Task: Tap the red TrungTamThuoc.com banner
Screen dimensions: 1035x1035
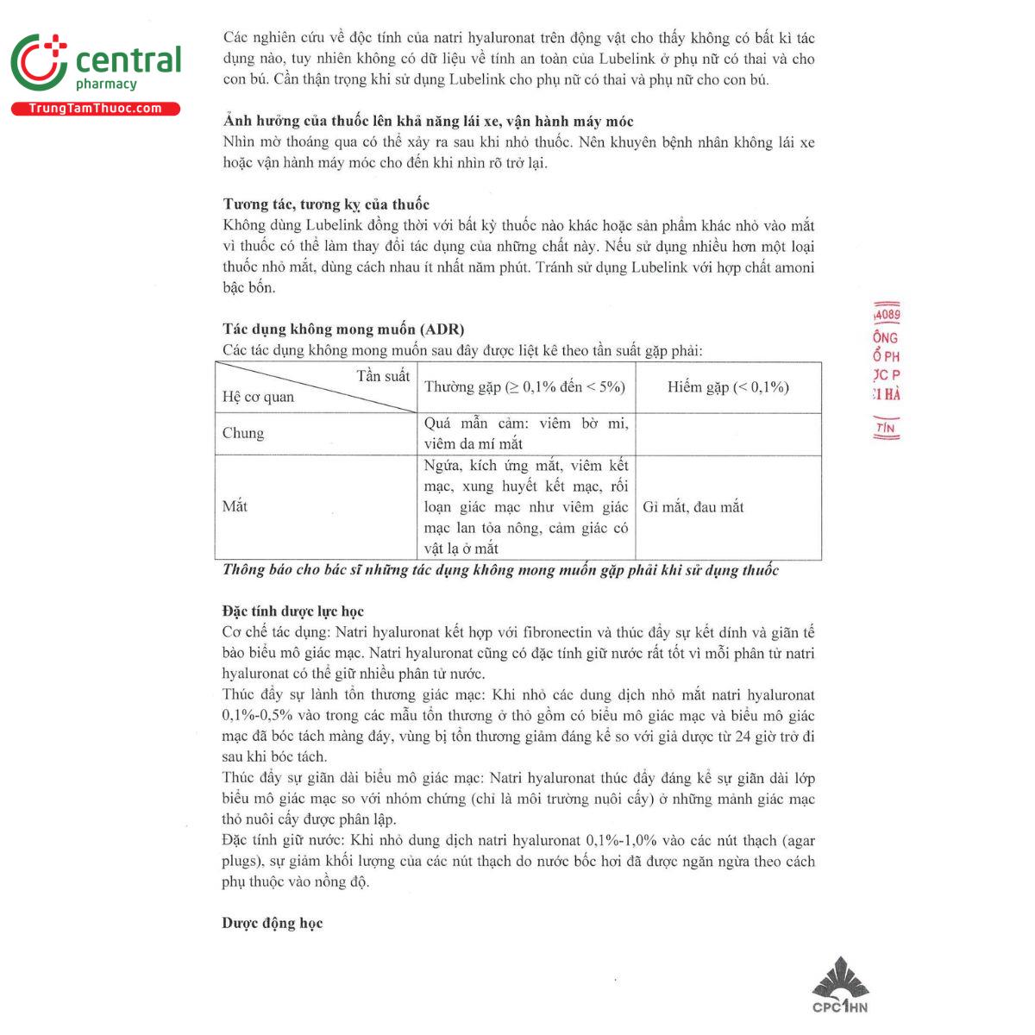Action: (x=95, y=109)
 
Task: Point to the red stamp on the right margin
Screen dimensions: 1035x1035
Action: (x=886, y=371)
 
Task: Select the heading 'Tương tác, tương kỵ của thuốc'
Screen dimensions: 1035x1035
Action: (x=326, y=204)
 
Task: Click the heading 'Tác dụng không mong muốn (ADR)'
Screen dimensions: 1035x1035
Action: (x=343, y=329)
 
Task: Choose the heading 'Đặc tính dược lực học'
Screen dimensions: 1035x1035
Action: (x=293, y=612)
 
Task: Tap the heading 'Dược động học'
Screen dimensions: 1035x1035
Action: (x=273, y=923)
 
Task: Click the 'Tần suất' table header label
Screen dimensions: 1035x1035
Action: (x=383, y=376)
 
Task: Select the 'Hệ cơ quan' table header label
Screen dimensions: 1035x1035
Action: (x=258, y=397)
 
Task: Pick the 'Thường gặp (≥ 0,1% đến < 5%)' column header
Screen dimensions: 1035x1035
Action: (x=524, y=387)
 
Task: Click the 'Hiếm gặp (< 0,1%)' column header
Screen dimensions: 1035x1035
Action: (x=728, y=387)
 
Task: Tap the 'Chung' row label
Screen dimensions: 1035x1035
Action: (x=243, y=433)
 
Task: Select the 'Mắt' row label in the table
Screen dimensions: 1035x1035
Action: (x=235, y=506)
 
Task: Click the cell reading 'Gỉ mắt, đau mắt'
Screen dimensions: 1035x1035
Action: (x=693, y=507)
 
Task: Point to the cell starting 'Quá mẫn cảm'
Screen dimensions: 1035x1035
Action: (x=526, y=433)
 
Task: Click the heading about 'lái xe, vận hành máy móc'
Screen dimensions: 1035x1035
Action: (x=428, y=122)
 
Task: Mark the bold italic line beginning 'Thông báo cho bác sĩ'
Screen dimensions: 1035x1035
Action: (x=500, y=570)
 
